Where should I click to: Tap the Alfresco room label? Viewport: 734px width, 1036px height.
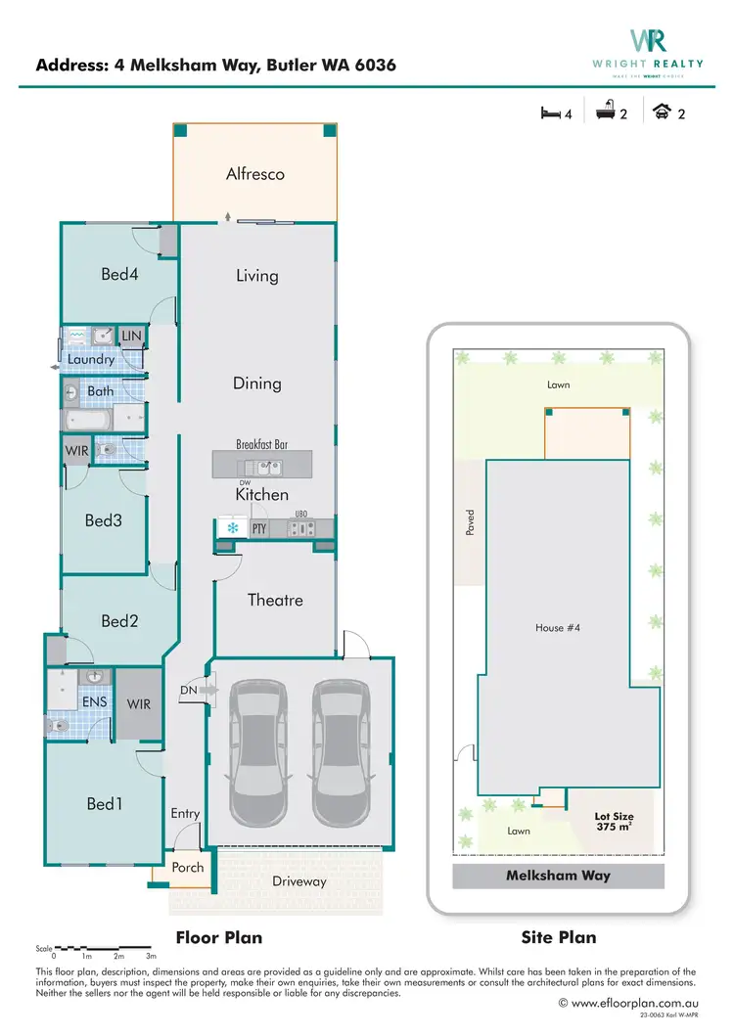tap(254, 174)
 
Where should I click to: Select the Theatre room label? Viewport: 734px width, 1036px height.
tap(275, 600)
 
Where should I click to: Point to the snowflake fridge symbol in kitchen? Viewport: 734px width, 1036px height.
tap(233, 528)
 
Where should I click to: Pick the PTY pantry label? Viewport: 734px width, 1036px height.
tap(259, 529)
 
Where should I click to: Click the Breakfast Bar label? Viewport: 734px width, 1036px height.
tap(262, 444)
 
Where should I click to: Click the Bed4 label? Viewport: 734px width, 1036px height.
tap(119, 274)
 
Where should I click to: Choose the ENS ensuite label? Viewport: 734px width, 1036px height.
tap(94, 701)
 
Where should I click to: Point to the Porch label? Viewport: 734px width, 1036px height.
tap(188, 867)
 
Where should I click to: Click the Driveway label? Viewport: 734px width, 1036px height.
tap(298, 881)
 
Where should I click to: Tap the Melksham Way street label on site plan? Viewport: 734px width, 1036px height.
tap(558, 876)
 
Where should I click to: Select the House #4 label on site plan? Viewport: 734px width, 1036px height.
tap(558, 628)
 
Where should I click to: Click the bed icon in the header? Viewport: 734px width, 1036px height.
tap(551, 113)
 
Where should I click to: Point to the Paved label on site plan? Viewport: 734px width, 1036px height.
tap(471, 521)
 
